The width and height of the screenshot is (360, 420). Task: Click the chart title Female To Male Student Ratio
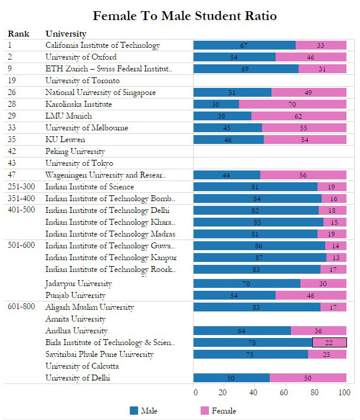pyautogui.click(x=185, y=16)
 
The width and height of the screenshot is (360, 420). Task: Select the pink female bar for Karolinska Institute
pyautogui.click(x=293, y=104)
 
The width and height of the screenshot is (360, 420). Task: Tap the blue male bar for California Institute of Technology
pyautogui.click(x=244, y=45)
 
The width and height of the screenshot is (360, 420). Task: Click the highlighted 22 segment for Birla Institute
pyautogui.click(x=329, y=343)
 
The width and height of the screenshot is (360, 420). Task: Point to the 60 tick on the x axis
pyautogui.click(x=284, y=392)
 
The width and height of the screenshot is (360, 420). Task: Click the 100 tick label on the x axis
pyautogui.click(x=345, y=392)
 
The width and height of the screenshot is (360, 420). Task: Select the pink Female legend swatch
pyautogui.click(x=205, y=411)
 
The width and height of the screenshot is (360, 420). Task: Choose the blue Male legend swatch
pyautogui.click(x=134, y=411)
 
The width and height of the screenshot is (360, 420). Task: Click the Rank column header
pyautogui.click(x=18, y=34)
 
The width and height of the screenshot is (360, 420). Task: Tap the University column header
pyautogui.click(x=66, y=34)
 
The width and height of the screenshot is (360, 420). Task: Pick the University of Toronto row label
pyautogui.click(x=83, y=81)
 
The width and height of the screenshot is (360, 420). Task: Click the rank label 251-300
pyautogui.click(x=21, y=186)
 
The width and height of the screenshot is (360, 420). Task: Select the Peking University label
pyautogui.click(x=75, y=152)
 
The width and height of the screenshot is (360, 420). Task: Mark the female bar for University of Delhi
pyautogui.click(x=308, y=378)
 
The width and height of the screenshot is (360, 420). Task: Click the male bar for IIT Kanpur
pyautogui.click(x=260, y=258)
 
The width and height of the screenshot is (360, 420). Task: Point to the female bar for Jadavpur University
pyautogui.click(x=323, y=283)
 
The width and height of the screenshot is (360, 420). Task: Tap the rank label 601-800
pyautogui.click(x=21, y=306)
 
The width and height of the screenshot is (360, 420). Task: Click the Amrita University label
pyautogui.click(x=76, y=319)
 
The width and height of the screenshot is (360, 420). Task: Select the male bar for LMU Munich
pyautogui.click(x=222, y=116)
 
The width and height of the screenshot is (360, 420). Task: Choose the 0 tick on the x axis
pyautogui.click(x=195, y=392)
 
